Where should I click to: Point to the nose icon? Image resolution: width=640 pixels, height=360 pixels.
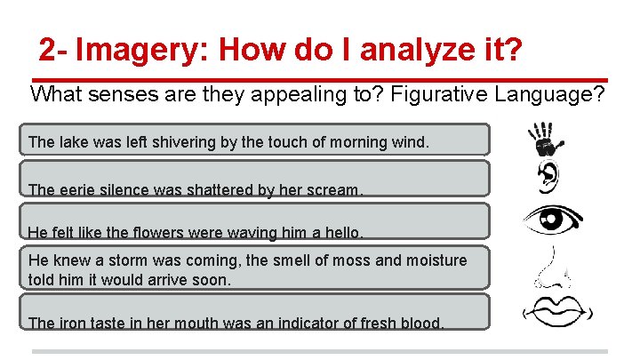(x=548, y=268)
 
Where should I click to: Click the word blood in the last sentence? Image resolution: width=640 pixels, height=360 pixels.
(x=422, y=324)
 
